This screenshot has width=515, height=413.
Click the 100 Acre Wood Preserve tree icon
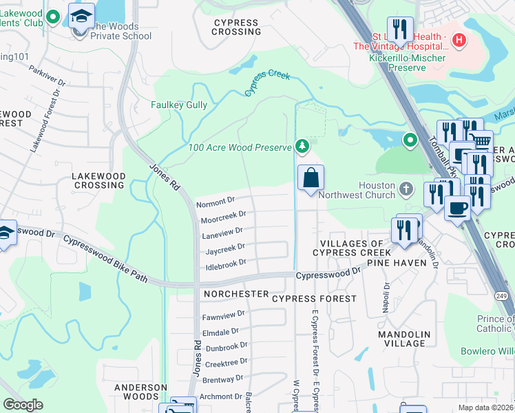[302, 146]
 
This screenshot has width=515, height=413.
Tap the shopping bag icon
[311, 178]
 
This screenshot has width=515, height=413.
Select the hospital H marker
[459, 41]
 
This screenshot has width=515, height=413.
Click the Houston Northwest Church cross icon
[406, 188]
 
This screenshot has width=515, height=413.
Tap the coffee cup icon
[457, 207]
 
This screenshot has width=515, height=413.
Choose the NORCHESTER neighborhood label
[236, 294]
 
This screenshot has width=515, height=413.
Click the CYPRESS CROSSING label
[237, 27]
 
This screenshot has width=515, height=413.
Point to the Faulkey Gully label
[179, 105]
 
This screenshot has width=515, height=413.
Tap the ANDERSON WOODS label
[140, 392]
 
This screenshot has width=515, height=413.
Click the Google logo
[23, 405]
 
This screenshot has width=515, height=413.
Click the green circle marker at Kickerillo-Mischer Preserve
[410, 141]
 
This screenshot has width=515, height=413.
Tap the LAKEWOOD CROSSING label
[98, 181]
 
